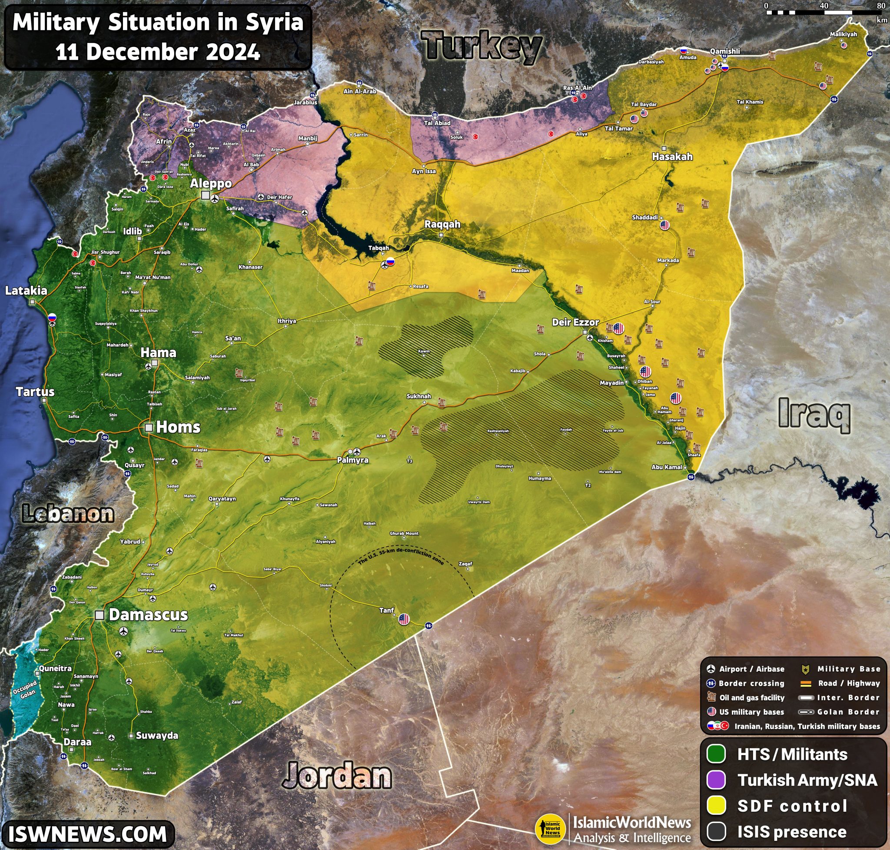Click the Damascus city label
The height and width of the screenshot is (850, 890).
[x=148, y=615]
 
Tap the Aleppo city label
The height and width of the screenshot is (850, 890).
[x=210, y=184]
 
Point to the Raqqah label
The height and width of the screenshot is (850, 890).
[x=442, y=224]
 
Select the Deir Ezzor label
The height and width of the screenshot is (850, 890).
[x=575, y=322]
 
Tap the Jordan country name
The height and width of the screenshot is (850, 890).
[x=337, y=776]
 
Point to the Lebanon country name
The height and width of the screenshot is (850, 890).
[x=68, y=514]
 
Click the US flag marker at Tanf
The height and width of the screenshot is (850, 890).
[x=404, y=619]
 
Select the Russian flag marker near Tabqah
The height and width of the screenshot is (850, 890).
[x=390, y=261]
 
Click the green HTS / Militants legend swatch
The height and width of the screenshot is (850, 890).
[x=716, y=754]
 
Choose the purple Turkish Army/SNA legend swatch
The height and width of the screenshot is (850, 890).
[x=716, y=780]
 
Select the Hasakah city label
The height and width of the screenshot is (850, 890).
[x=672, y=157]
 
